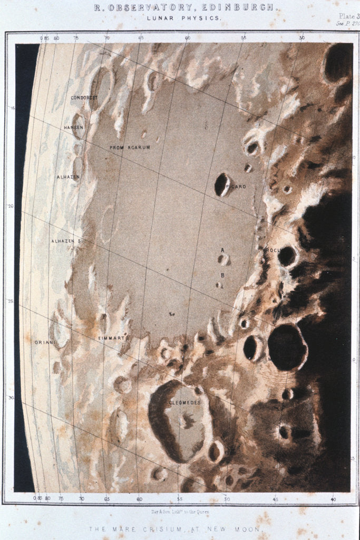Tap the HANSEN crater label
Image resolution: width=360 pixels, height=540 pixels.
point(74,128)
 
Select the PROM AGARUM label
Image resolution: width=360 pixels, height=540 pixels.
point(130,148)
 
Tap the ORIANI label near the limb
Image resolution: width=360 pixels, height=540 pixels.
point(44,342)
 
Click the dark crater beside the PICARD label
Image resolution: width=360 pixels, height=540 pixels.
point(221,185)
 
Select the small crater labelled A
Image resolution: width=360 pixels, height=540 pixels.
point(223,259)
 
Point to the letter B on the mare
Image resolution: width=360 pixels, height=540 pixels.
point(222,275)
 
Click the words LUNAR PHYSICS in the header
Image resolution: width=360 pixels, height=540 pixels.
point(184,18)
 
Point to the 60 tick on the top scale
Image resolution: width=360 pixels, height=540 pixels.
point(188,38)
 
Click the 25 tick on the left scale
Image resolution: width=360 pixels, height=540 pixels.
point(11,301)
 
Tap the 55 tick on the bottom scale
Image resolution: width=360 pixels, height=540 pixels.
point(180,498)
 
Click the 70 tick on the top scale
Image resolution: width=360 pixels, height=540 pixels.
point(108,38)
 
